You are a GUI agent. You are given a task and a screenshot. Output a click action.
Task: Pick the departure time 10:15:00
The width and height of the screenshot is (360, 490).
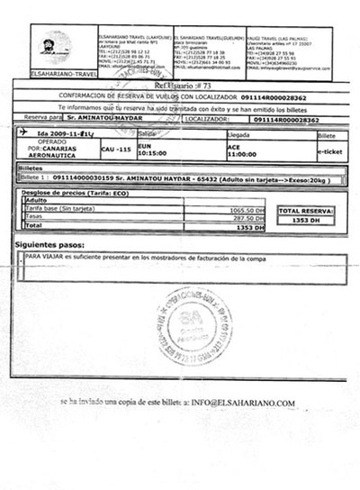coord(156,153)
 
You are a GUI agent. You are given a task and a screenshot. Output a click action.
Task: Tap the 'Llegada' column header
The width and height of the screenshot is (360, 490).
coord(238,132)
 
